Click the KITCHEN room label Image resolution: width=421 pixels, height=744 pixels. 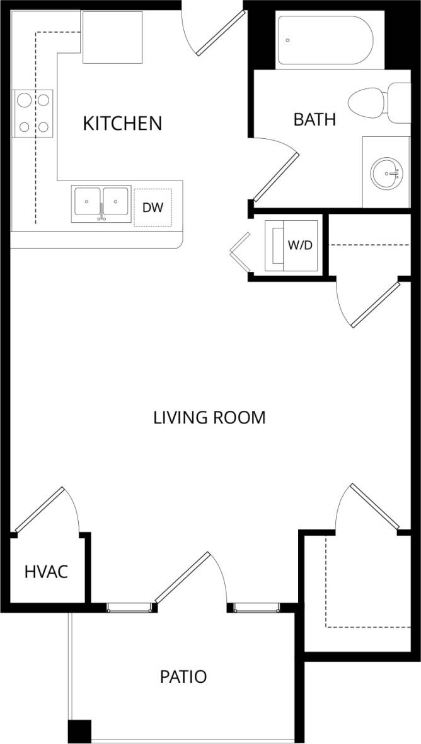pos(122,123)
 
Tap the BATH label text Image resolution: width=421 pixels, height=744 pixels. pos(314,119)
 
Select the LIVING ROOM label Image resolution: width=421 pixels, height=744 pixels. pos(209,417)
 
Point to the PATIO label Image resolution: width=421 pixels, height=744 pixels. pos(183,677)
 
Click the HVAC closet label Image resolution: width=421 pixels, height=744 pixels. pos(46,572)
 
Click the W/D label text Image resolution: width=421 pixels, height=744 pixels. pos(300,245)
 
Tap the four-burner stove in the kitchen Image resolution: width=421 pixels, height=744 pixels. pos(33,113)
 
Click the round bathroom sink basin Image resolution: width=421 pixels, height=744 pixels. pos(386,172)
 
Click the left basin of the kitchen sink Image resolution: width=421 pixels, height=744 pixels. pos(86,203)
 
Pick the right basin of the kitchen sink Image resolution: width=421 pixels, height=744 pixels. pos(116,203)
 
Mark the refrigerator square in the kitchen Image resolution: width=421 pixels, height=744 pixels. pos(113,38)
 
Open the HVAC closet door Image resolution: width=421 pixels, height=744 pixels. pos(40,509)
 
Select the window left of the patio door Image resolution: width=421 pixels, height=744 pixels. pos(130,608)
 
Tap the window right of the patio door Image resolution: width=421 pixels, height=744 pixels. pos(256,608)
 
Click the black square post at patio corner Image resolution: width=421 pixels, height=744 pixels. pos(79,731)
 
